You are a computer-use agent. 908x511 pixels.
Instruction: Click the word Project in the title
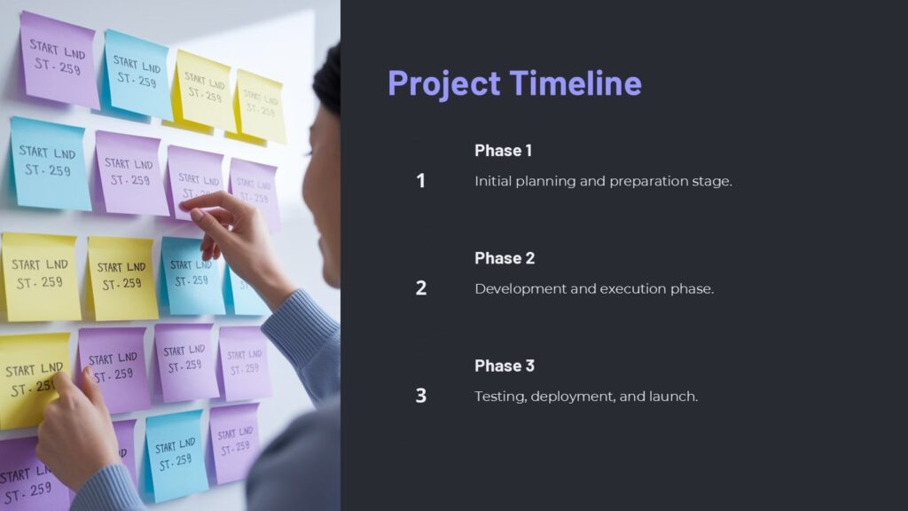pos(444,83)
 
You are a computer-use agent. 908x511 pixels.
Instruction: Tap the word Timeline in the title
pos(575,83)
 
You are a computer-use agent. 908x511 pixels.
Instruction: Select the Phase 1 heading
pos(503,150)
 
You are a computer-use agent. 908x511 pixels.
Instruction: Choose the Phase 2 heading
pos(505,258)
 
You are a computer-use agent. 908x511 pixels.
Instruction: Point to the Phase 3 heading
pos(505,366)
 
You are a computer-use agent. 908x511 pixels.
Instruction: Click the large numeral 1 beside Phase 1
pos(421,181)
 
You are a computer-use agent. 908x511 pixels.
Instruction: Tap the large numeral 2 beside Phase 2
pos(421,288)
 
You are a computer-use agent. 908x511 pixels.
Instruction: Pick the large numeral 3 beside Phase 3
pos(421,396)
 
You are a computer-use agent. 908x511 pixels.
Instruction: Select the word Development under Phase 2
pos(516,289)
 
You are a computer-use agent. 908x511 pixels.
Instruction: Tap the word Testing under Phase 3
pos(500,397)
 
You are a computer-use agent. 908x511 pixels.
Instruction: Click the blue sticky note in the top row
pos(137,74)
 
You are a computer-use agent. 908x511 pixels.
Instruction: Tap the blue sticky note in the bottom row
pos(176,453)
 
